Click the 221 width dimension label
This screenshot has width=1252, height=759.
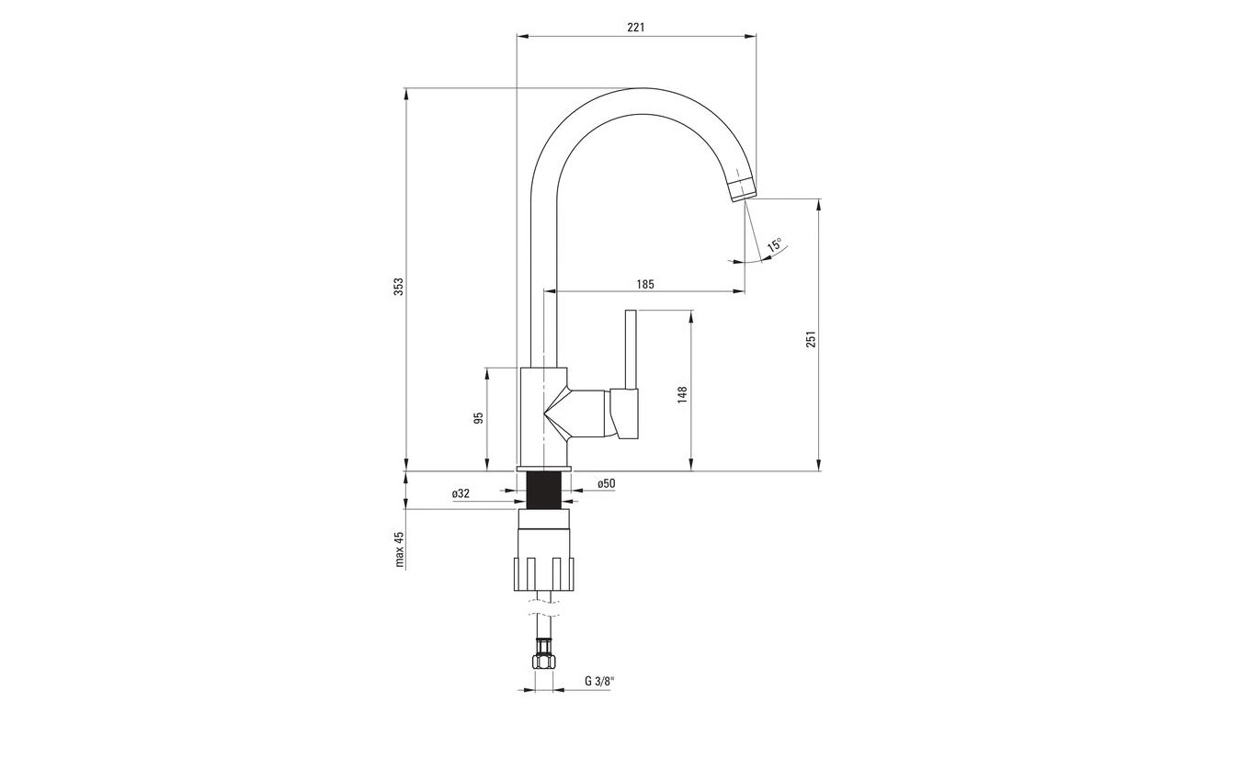click(x=635, y=27)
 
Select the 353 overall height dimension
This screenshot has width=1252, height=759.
click(x=399, y=287)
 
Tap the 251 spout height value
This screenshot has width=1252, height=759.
click(x=812, y=339)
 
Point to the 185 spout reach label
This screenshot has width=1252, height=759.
click(x=645, y=284)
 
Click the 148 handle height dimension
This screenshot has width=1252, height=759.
click(x=682, y=394)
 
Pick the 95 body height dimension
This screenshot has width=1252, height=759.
click(x=478, y=418)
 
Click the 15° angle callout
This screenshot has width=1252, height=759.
click(x=775, y=244)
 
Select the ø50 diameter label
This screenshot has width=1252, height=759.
click(x=607, y=483)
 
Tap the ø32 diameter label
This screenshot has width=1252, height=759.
click(x=461, y=493)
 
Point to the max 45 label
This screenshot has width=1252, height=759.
click(x=399, y=549)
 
